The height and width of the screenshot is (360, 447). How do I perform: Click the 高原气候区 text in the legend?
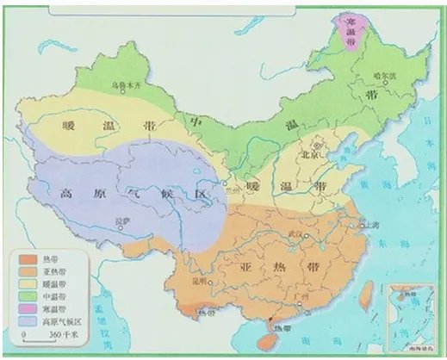pos(58,320)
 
